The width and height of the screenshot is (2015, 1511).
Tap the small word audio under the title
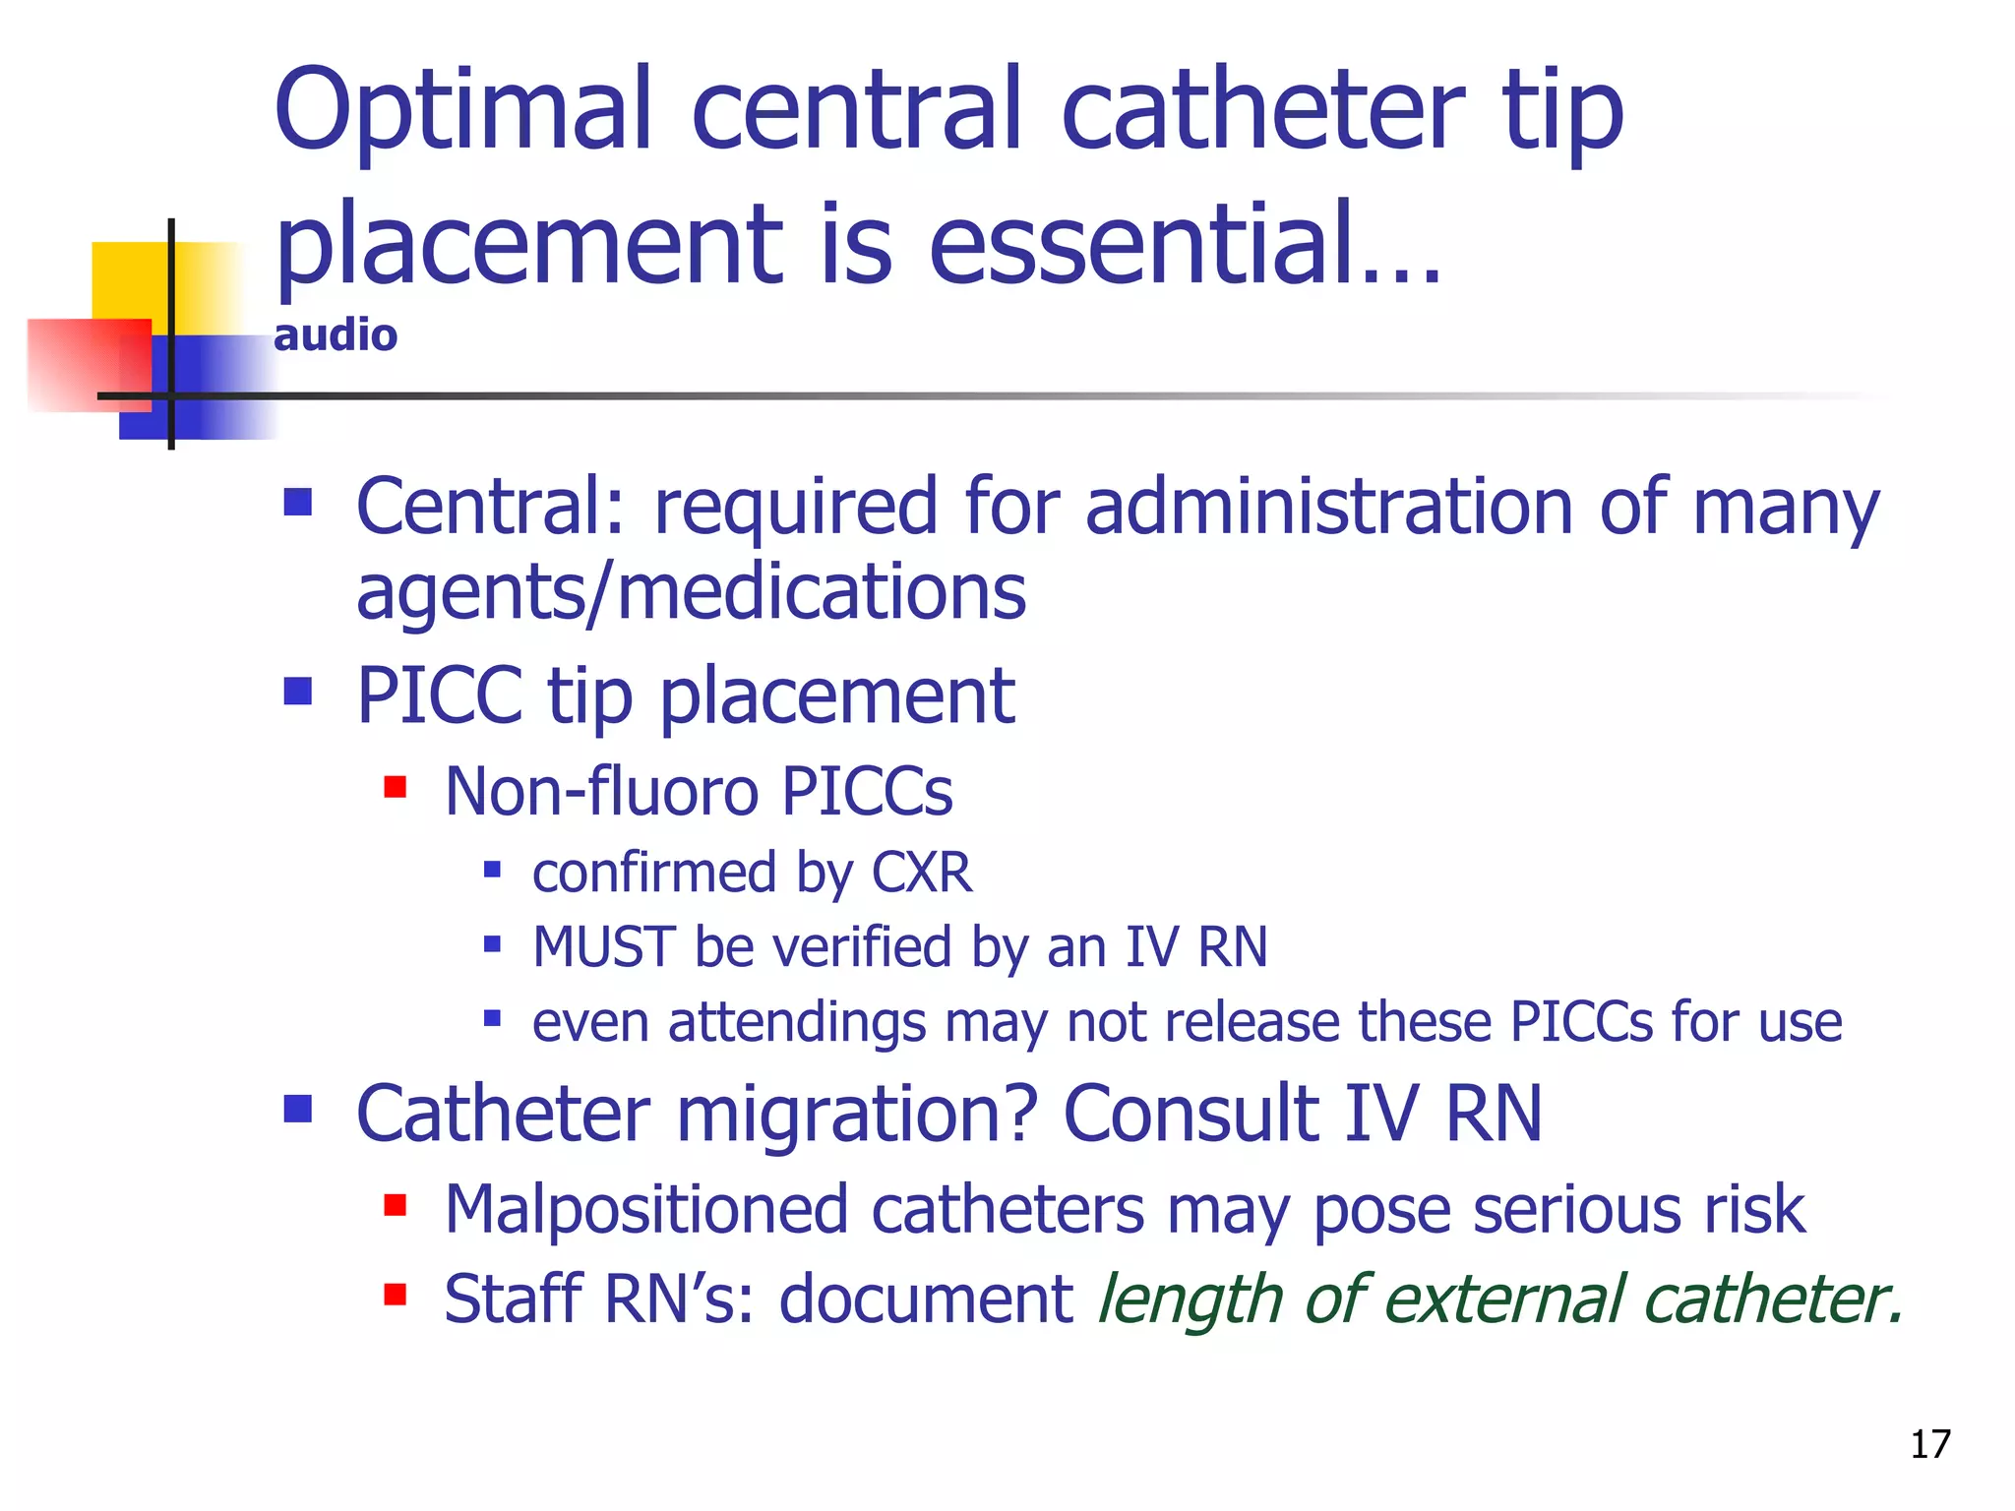coord(336,336)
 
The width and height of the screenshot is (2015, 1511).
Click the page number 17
coord(1929,1444)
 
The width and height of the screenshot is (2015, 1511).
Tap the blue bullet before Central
coord(297,503)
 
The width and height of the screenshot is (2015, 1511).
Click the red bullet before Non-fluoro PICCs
coord(396,787)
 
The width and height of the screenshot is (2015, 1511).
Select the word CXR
coord(922,873)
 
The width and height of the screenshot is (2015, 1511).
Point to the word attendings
coord(797,1022)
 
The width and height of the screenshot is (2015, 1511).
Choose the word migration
coord(857,1115)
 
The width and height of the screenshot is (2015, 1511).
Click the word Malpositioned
coord(646,1209)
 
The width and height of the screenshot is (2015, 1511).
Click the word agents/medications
coord(691,593)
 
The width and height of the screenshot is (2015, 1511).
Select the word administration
coord(1329,507)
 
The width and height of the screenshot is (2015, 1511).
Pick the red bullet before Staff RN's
coord(396,1295)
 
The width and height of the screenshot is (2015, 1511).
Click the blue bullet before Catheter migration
coord(297,1110)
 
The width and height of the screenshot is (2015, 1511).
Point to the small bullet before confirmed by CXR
coord(493,870)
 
